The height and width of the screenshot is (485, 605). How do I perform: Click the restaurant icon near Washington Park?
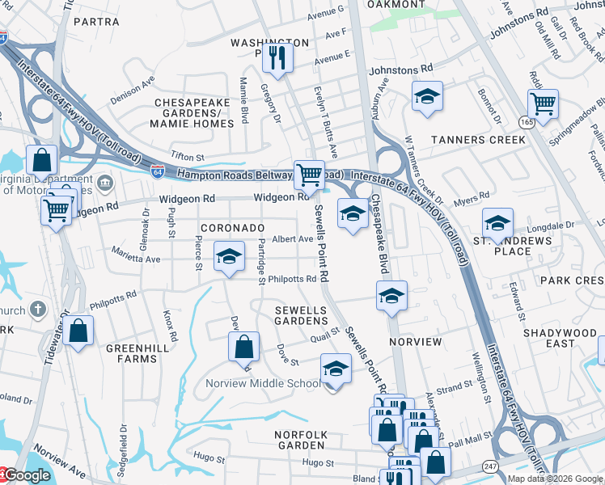tap(277, 57)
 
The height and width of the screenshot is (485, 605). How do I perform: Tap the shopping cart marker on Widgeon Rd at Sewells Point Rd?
tap(309, 174)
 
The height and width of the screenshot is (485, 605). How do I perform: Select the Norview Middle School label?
tap(263, 383)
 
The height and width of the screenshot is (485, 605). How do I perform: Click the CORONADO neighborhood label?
tap(232, 229)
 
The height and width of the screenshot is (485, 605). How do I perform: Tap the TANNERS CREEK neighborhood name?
tap(478, 140)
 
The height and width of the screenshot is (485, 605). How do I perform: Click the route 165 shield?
tap(525, 122)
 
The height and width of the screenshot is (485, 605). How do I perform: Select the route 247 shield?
tap(490, 466)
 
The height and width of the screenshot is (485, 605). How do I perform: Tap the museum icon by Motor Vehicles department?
tap(104, 183)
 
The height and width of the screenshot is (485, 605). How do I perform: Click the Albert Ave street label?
tap(292, 239)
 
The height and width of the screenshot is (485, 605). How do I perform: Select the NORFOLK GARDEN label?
tap(301, 440)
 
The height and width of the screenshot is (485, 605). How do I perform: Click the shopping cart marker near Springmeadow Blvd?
tap(543, 103)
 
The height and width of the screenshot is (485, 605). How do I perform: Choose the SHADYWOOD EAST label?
tap(560, 338)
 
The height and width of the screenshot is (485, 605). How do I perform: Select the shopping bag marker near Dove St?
tap(243, 348)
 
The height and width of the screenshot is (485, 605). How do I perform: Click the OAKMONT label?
tap(396, 5)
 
